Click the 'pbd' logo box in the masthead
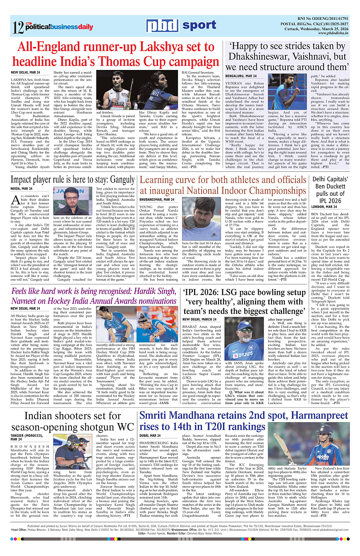click(x=163, y=26)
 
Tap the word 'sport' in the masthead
click(x=199, y=25)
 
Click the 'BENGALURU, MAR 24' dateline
click(x=241, y=76)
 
